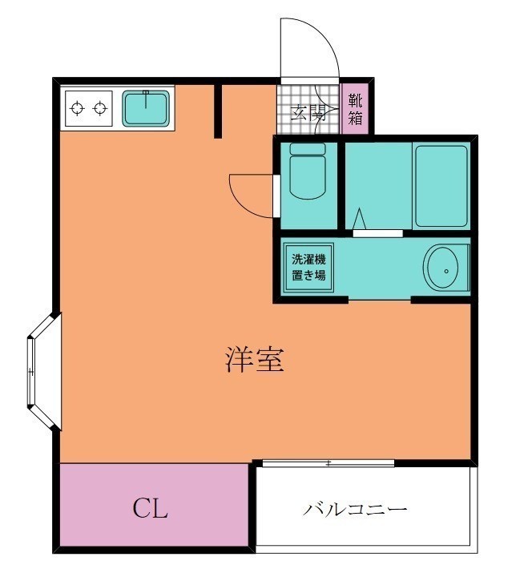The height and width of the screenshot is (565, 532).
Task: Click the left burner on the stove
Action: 78,108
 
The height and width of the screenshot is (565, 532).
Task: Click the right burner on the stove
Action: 100,108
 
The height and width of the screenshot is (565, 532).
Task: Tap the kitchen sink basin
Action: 146,108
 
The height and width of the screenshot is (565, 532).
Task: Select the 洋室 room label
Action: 255,359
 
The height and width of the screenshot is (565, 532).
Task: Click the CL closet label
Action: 150,508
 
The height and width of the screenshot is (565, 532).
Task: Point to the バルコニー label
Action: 355,510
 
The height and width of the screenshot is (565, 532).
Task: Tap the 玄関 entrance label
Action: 308,114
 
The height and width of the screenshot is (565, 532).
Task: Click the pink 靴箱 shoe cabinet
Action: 355,109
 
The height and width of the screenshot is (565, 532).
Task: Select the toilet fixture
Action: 308,171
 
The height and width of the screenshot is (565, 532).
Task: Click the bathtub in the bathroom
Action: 441,186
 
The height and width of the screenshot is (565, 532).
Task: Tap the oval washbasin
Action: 443,268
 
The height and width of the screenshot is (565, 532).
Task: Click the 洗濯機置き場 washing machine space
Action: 308,268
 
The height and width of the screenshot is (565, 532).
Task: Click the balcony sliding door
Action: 328,463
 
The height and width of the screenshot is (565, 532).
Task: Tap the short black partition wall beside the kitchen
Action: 218,111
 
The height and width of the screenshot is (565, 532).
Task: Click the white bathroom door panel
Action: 377,233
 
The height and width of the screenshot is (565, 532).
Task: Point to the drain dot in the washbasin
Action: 446,272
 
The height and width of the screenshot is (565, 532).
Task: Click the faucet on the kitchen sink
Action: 146,99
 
